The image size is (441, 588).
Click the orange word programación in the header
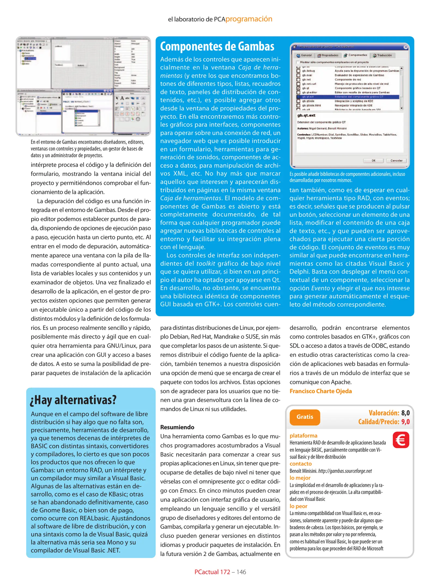click(x=248, y=19)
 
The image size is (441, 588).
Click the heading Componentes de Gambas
click(x=217, y=46)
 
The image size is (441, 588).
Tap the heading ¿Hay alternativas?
click(x=73, y=400)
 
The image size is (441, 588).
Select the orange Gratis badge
click(x=305, y=417)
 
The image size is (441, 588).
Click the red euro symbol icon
click(x=401, y=440)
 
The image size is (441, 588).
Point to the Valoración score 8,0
click(x=405, y=413)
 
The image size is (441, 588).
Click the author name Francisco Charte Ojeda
click(x=320, y=391)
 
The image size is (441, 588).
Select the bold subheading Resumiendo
click(x=177, y=427)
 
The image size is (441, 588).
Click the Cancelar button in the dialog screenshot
click(x=396, y=161)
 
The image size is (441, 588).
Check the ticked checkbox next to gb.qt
click(x=298, y=88)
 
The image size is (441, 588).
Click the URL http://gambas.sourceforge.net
click(x=345, y=471)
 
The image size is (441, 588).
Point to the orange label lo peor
click(x=298, y=506)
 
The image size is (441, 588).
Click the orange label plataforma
click(x=303, y=436)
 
